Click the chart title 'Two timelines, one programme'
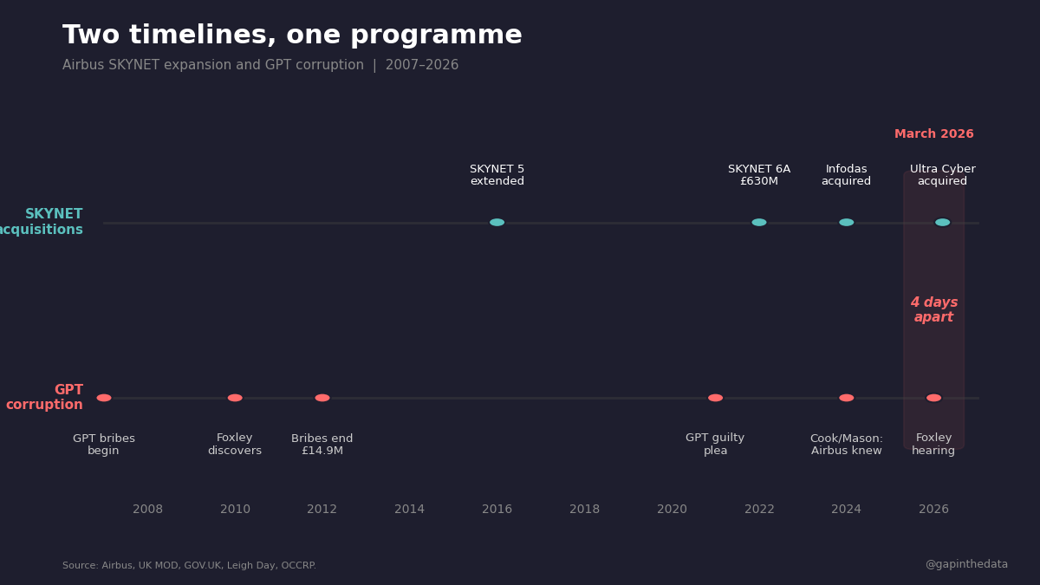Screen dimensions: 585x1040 tap(292, 36)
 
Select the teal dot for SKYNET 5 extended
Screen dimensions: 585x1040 tap(497, 223)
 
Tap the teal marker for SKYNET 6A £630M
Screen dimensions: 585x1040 tap(759, 223)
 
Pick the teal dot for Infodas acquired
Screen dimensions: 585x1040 tap(847, 223)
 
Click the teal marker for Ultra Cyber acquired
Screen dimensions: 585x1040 tap(942, 223)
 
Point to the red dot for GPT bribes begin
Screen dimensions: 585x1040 tap(104, 398)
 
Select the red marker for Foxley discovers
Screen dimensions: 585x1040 tap(235, 398)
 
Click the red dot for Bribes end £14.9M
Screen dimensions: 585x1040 tap(322, 398)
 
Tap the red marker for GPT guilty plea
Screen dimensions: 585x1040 tap(715, 398)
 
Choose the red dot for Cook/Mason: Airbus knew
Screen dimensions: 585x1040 tap(847, 398)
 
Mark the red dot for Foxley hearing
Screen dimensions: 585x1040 tap(933, 398)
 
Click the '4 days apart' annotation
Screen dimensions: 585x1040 tap(933, 310)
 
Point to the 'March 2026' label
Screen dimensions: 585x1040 tap(933, 134)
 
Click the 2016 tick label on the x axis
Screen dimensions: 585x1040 tap(497, 510)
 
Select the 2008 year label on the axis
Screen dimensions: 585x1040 tap(147, 510)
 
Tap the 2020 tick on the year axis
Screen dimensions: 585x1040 tap(672, 510)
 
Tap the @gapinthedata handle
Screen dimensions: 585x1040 tap(966, 564)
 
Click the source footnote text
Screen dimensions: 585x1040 tap(189, 566)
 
